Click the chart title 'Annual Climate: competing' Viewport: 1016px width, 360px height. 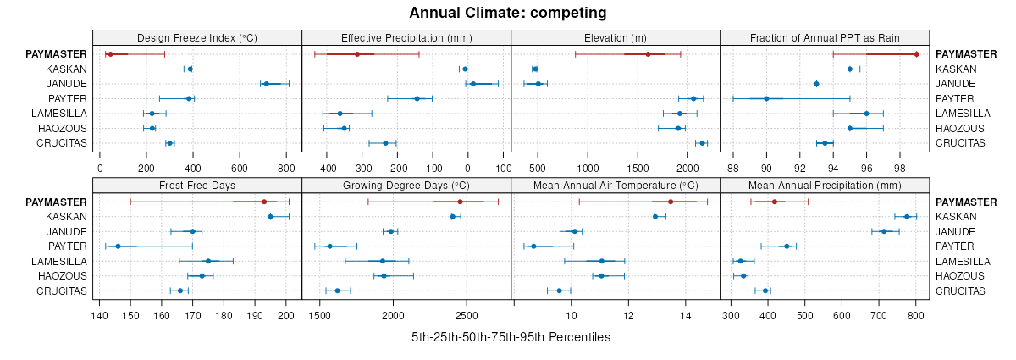(508, 13)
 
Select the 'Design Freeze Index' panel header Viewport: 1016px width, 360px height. (196, 37)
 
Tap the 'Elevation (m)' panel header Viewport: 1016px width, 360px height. (616, 37)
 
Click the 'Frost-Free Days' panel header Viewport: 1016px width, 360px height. (196, 185)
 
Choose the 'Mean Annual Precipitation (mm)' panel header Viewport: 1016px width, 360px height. (825, 185)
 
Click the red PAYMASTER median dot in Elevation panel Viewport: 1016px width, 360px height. (648, 54)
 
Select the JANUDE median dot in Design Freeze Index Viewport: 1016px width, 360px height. (266, 84)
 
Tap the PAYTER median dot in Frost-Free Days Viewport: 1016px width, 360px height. (118, 246)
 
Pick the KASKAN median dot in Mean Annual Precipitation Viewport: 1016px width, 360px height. (907, 217)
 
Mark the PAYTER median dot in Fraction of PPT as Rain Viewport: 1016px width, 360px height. (766, 98)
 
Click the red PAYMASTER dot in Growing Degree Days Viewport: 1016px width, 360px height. (460, 202)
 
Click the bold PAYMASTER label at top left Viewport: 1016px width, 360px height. (56, 54)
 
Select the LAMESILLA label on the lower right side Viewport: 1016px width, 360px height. (964, 261)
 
